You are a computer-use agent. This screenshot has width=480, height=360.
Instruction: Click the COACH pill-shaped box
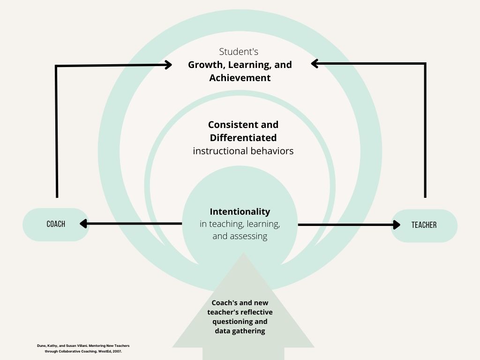coord(56,225)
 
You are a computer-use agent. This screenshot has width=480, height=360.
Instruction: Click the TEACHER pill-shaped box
coord(424,225)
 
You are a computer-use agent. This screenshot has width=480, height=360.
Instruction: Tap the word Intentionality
coord(240,211)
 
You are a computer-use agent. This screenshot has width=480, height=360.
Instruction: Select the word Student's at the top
coord(239,52)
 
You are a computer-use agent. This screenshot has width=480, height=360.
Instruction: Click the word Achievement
coord(240,78)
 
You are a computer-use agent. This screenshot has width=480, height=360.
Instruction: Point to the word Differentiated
coord(243,138)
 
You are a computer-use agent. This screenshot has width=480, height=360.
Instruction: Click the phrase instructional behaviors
coord(243,151)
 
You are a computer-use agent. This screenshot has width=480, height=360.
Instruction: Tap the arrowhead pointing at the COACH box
coord(84,224)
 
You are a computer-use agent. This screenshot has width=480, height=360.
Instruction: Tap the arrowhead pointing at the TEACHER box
coord(396,225)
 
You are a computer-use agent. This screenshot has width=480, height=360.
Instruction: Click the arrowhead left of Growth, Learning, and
coord(168,66)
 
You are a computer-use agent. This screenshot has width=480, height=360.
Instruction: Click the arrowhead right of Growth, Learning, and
coord(315,63)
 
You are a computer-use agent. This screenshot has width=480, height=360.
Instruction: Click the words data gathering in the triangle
coord(240,331)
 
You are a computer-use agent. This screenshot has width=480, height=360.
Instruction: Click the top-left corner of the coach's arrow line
coord(56,67)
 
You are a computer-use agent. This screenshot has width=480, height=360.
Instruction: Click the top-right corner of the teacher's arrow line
coord(425,63)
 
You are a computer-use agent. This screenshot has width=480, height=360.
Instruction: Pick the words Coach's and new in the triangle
coord(240,303)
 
